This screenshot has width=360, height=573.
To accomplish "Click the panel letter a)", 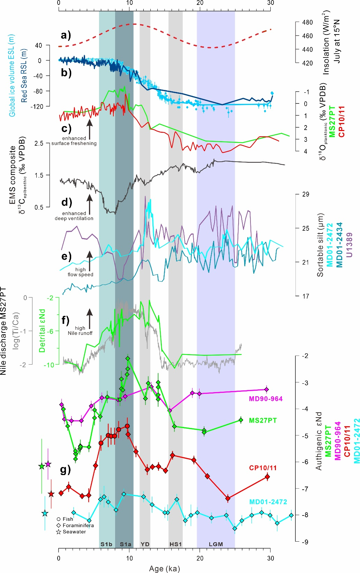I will [66, 35].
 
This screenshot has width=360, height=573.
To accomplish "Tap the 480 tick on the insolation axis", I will [307, 22].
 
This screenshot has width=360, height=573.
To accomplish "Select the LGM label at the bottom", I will [216, 544].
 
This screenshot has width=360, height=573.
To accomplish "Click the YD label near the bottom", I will [145, 544].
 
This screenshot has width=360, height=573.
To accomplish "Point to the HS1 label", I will [175, 544].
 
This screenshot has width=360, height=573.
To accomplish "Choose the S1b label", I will [106, 544].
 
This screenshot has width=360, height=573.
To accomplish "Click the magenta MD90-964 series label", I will [265, 399].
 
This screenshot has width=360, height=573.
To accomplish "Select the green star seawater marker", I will [42, 466].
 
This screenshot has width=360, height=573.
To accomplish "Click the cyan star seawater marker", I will [45, 513].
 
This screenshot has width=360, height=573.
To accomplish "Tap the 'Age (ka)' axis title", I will [164, 569].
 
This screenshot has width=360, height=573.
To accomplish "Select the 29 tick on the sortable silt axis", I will [306, 194].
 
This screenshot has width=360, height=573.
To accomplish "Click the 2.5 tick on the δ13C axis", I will [39, 143].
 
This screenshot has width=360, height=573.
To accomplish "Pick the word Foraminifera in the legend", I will [78, 525].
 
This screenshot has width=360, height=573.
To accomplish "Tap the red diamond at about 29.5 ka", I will [267, 477].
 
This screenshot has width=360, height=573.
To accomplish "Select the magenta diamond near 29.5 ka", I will [267, 389].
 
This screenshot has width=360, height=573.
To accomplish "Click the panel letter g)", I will [66, 470].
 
